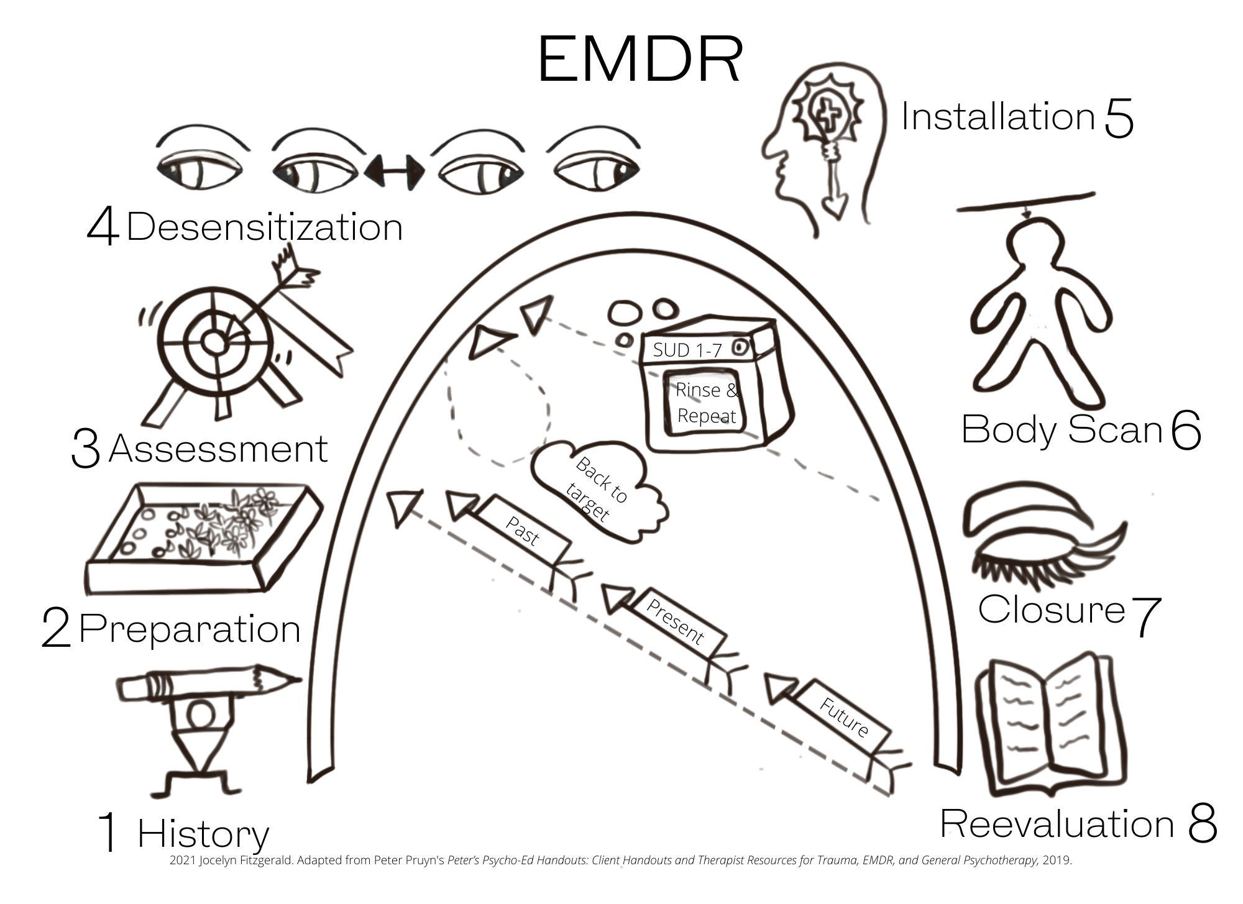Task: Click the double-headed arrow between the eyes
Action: [394, 170]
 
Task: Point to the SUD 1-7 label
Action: [687, 350]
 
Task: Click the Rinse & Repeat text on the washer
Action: [707, 403]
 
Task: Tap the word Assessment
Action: [218, 449]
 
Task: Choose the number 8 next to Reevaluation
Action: [1201, 824]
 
